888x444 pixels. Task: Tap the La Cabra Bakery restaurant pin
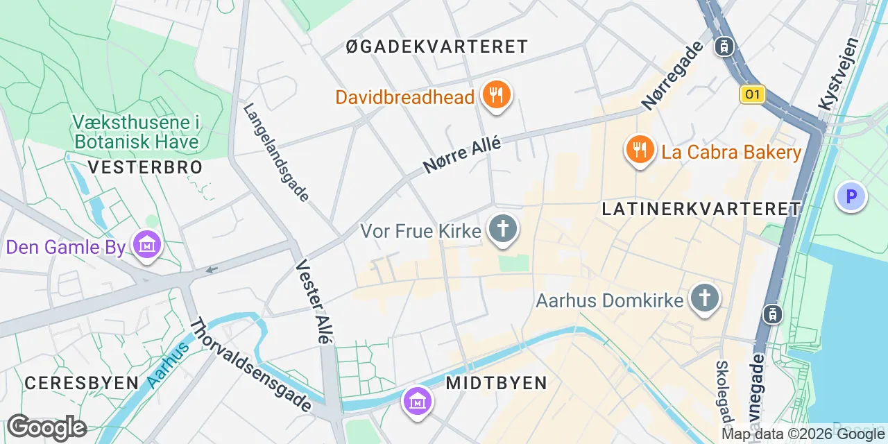(x=640, y=149)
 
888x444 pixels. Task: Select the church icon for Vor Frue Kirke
(x=503, y=229)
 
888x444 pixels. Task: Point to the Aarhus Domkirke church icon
(x=704, y=298)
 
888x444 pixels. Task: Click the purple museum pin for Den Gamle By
(x=147, y=245)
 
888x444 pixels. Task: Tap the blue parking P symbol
(x=851, y=196)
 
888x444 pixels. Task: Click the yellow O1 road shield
(x=752, y=94)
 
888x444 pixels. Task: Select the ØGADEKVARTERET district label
(x=437, y=47)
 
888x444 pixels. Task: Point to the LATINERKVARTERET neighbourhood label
(x=701, y=208)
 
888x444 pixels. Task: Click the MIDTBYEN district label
(x=496, y=382)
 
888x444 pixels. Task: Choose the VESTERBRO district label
(x=146, y=167)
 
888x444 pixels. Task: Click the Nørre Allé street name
(x=461, y=155)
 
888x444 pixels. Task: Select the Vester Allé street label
(x=313, y=302)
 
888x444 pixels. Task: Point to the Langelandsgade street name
(x=276, y=153)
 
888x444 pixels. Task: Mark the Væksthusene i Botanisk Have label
(x=136, y=133)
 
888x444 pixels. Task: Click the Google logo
(x=46, y=427)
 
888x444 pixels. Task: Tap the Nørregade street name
(x=672, y=76)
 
